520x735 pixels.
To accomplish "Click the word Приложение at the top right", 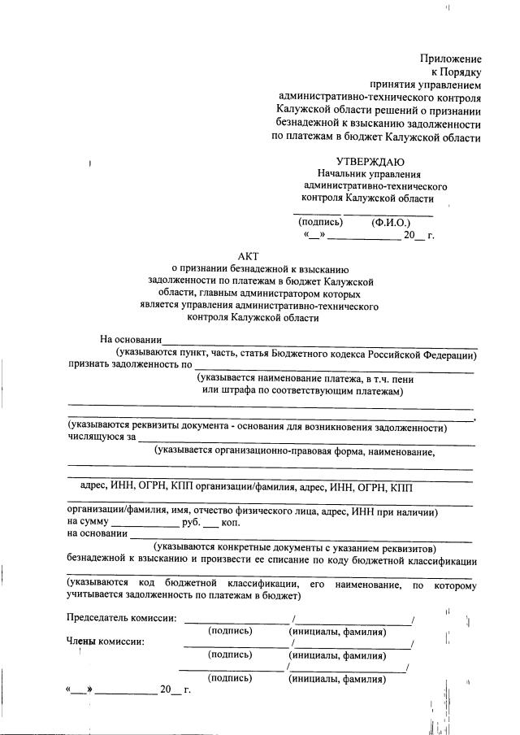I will click(451, 59).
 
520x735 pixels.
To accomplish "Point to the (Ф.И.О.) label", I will click(391, 222).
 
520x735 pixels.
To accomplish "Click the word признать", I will click(89, 364).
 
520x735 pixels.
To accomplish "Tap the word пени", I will click(406, 379).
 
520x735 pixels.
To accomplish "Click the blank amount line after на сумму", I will click(141, 522).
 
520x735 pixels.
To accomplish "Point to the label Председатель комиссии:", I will click(121, 618).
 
